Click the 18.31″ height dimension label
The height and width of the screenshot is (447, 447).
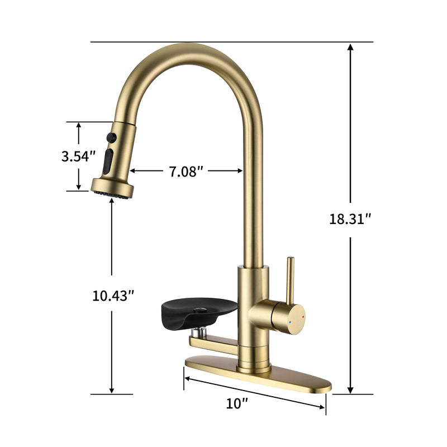pyautogui.click(x=350, y=219)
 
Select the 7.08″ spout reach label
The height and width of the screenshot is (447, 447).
pyautogui.click(x=183, y=172)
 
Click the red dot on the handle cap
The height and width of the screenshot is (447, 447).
pyautogui.click(x=303, y=316)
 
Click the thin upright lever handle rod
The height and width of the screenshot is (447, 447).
pyautogui.click(x=290, y=279)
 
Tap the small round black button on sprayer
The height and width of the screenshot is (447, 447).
pyautogui.click(x=111, y=136)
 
